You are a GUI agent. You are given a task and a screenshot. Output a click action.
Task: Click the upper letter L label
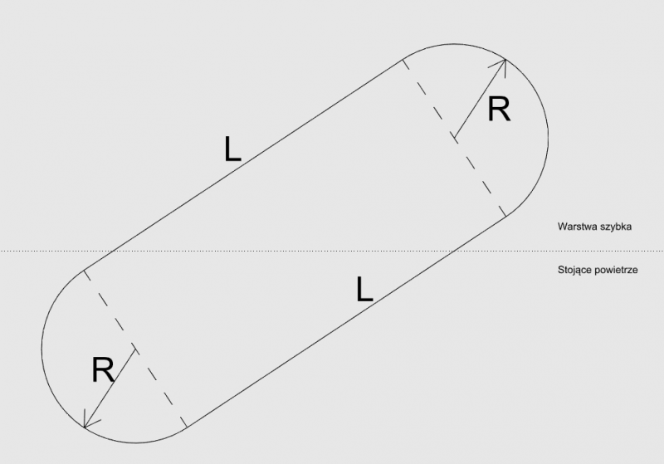(232, 149)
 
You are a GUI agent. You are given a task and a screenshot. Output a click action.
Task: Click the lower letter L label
(364, 289)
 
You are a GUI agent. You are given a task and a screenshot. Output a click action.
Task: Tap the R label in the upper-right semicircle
(499, 110)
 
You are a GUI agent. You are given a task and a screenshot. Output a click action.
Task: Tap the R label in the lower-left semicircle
(103, 369)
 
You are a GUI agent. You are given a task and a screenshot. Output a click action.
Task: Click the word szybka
(618, 226)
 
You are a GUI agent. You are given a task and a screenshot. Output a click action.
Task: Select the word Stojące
(578, 271)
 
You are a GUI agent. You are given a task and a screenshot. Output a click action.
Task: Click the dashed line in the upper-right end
(455, 138)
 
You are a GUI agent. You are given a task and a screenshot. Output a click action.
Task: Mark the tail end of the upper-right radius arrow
(453, 136)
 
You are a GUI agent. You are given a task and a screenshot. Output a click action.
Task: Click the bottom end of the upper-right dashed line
(505, 217)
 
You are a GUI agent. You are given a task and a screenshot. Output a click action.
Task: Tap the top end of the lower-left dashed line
(84, 270)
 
